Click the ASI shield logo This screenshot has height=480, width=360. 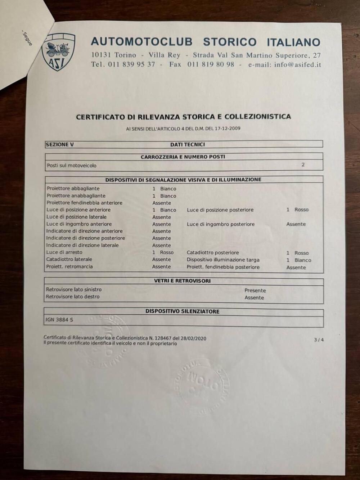[x=58, y=51]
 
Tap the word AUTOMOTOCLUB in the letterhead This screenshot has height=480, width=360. [x=141, y=42]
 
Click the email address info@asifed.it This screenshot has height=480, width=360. [x=297, y=65]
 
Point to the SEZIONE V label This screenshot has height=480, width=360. [x=60, y=144]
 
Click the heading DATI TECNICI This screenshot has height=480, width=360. [x=187, y=144]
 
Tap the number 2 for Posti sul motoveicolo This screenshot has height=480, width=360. [x=303, y=165]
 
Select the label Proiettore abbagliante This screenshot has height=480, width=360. [x=73, y=188]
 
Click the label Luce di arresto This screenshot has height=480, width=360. [x=64, y=252]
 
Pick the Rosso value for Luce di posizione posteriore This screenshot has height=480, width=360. [x=301, y=210]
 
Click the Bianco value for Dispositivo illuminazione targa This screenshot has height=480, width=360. [x=303, y=260]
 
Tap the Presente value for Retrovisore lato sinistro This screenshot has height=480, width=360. [x=255, y=290]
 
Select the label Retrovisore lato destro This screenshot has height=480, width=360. [x=73, y=297]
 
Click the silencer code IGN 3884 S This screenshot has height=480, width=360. [x=59, y=319]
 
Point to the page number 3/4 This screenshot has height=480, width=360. [x=319, y=340]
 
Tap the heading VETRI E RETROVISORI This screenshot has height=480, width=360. [x=182, y=281]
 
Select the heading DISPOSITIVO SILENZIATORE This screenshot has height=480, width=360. [x=182, y=311]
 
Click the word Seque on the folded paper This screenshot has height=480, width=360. [x=27, y=38]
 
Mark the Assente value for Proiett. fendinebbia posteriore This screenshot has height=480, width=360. [x=296, y=268]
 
